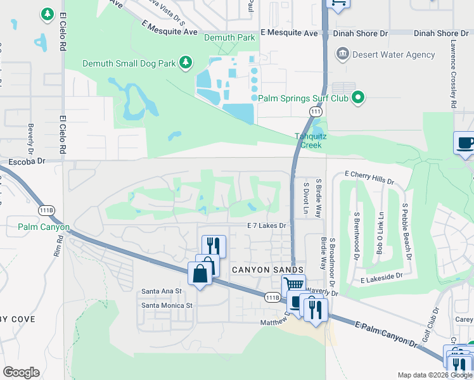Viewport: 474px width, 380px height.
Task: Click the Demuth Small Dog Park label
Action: point(130,63)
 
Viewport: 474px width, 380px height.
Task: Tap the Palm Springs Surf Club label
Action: point(304,98)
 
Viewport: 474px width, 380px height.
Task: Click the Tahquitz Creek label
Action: point(308,141)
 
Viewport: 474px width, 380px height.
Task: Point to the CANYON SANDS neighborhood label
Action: point(263,270)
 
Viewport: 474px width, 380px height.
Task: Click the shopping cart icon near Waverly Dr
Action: point(293,285)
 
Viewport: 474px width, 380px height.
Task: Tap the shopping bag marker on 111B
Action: point(200,274)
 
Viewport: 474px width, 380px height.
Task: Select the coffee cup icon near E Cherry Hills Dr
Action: point(465,142)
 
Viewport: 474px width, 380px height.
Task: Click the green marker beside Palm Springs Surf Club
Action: point(358,98)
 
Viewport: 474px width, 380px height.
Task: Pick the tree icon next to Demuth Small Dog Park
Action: point(186,62)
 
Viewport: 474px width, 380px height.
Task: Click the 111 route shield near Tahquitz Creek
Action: point(315,112)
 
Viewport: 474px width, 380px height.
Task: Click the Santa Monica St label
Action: point(167,305)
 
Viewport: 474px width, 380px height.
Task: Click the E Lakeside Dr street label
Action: point(381,277)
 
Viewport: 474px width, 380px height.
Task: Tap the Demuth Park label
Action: point(229,38)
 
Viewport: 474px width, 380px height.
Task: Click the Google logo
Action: point(21,372)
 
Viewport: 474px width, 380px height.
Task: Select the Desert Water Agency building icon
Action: point(343,54)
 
